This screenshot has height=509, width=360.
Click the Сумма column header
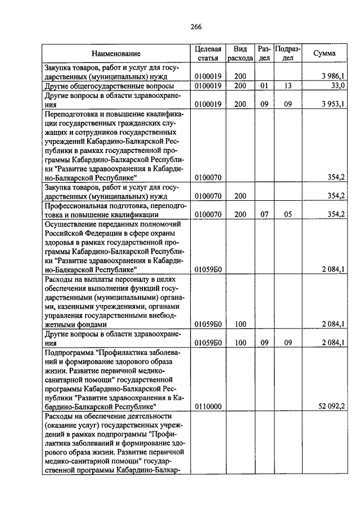(325, 53)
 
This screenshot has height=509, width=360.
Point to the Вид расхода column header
(240, 53)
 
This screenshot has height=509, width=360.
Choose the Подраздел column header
(288, 53)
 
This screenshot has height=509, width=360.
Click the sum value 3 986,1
(334, 76)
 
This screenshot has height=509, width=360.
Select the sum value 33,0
(337, 85)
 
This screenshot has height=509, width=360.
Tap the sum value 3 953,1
(334, 103)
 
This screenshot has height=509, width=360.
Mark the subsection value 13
(288, 85)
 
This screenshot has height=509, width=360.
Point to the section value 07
(264, 214)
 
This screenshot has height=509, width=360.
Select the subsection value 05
(288, 214)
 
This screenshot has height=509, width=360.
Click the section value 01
(264, 85)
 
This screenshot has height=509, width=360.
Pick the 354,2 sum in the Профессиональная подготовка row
(336, 214)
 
